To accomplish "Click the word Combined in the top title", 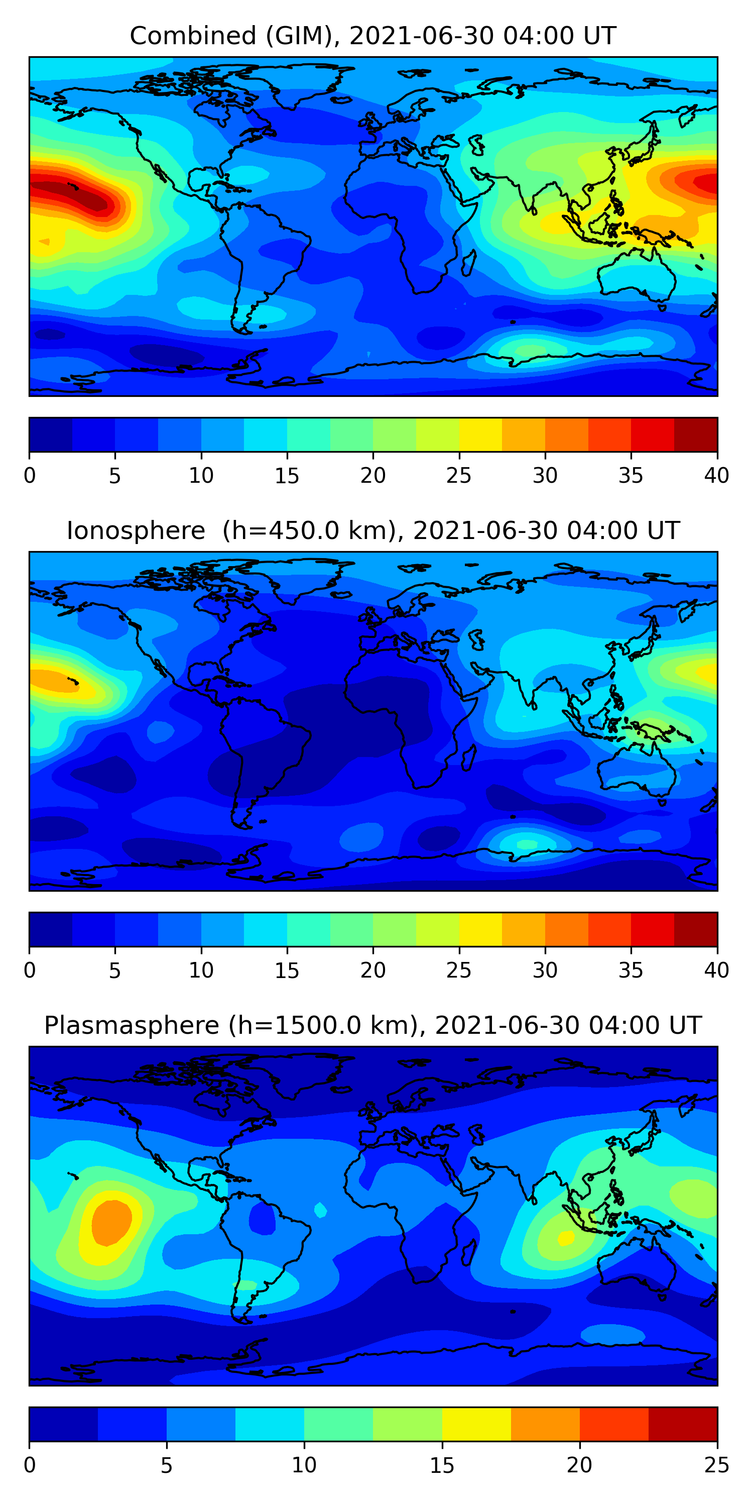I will pos(192,36).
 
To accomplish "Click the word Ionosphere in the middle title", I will pos(136,531).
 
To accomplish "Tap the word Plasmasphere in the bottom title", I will pos(131,1026).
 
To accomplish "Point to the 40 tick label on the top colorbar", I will pos(716,476).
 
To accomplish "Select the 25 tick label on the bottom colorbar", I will pos(716,1465).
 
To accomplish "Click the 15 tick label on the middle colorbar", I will pos(287,971).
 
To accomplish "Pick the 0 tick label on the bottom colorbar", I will pos(30,1465).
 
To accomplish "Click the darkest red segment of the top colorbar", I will pos(695,435).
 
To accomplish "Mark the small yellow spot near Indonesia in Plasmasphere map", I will pos(565,1238).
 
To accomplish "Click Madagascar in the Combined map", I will pos(468,263).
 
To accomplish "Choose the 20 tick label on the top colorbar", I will pos(373,476).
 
